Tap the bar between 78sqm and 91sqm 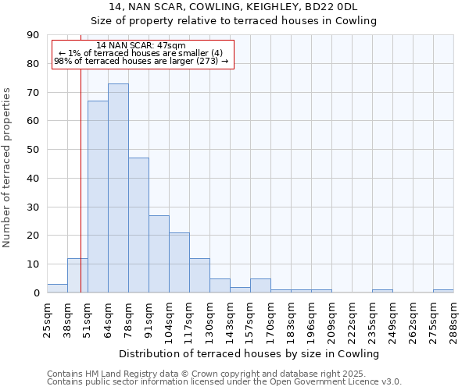[138, 225]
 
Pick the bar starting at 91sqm [159, 254]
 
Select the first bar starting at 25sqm [57, 289]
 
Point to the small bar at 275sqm [443, 291]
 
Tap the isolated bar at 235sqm [382, 291]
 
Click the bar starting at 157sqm [260, 285]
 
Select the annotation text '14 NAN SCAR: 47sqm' [141, 46]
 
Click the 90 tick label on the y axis [32, 35]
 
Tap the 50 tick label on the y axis [32, 150]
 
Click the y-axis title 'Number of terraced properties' [8, 167]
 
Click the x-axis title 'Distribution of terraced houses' [250, 353]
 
